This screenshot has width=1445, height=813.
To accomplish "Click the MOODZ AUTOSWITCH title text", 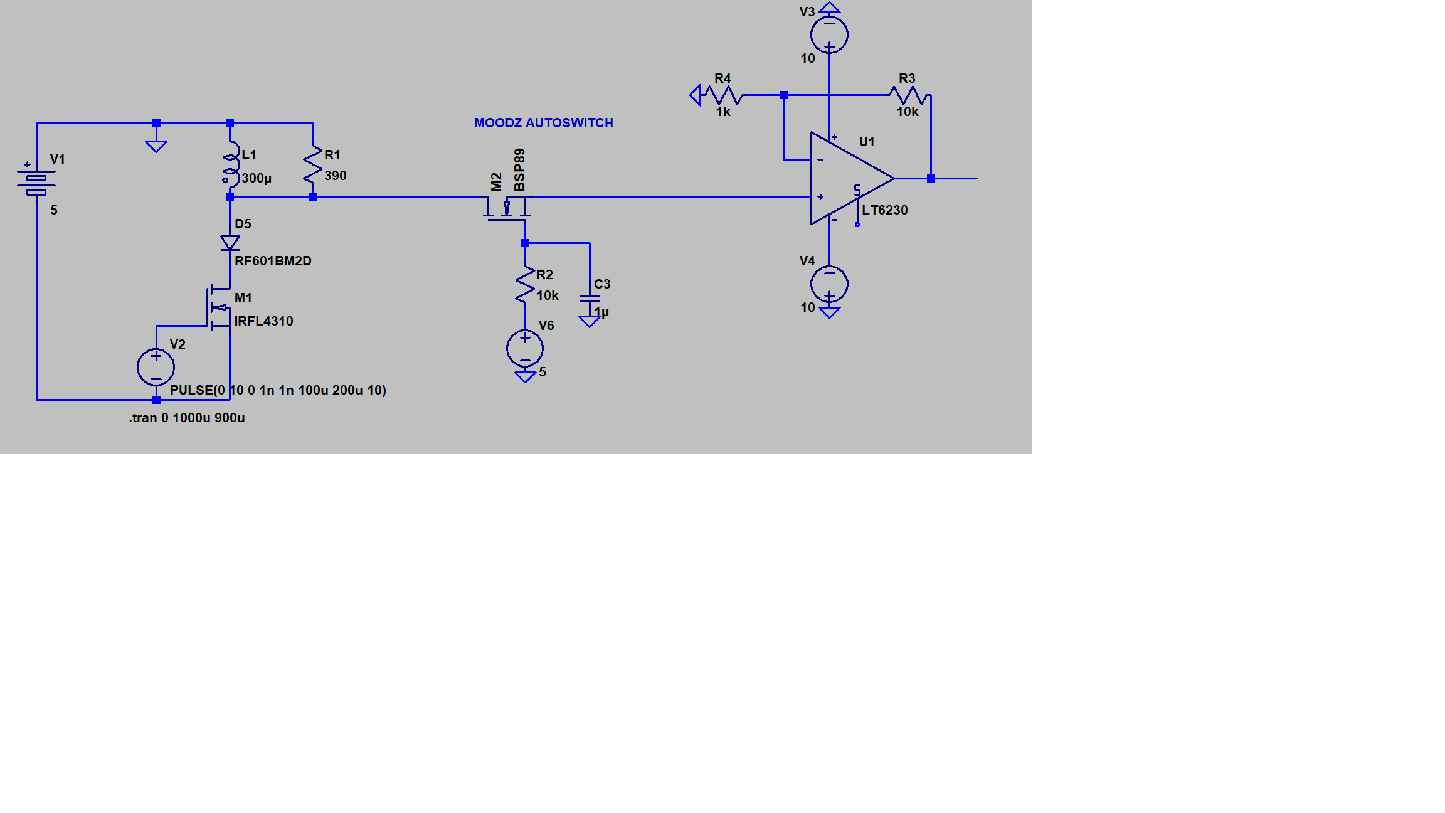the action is [543, 123].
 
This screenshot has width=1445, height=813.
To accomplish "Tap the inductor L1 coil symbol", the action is [231, 164].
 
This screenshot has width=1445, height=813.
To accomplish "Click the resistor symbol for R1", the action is [313, 166].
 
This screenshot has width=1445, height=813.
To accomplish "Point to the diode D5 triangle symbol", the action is [230, 243].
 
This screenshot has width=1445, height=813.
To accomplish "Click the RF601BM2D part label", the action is [273, 261].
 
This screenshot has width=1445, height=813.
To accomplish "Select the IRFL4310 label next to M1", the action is [263, 321].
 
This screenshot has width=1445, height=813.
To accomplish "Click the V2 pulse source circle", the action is [156, 367].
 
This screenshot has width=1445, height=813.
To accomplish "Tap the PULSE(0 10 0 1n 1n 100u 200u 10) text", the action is [278, 390].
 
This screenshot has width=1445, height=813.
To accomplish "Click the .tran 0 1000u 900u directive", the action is [187, 418].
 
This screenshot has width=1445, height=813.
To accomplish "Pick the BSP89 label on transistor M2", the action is [519, 170].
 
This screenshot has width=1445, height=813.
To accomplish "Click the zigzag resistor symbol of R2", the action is [525, 285].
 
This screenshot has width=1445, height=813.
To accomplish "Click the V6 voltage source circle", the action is [525, 348].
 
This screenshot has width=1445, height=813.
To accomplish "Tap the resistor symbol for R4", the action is [722, 95].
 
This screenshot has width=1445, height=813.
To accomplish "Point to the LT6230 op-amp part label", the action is [885, 210].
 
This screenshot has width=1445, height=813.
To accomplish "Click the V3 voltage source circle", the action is [829, 35].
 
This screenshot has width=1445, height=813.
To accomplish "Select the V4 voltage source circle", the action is [829, 284].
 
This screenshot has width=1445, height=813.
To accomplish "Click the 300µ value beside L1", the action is [257, 178].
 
